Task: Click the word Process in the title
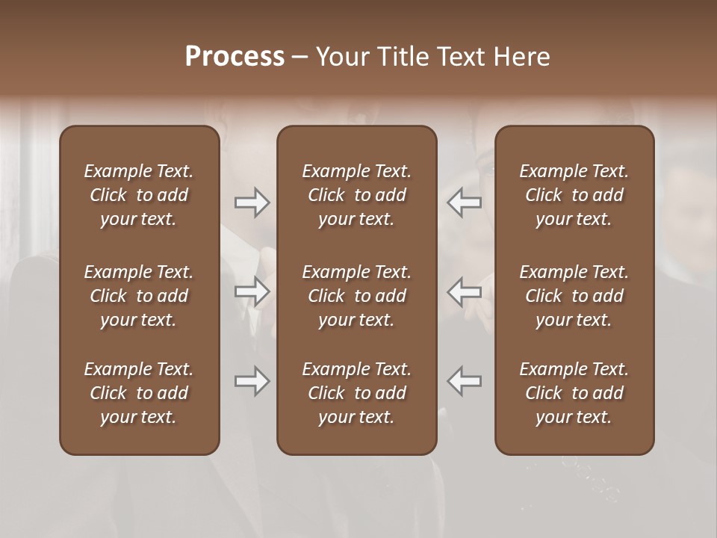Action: click(x=235, y=57)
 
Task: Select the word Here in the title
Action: click(x=522, y=57)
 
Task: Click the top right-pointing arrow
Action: click(x=252, y=202)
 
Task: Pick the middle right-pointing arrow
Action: click(x=252, y=291)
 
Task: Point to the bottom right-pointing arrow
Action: click(x=252, y=381)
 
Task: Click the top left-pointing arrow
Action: click(x=465, y=202)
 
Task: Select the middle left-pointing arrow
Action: click(x=465, y=291)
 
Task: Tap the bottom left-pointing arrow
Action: click(x=465, y=381)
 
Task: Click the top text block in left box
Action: click(x=139, y=195)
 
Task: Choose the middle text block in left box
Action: click(x=139, y=296)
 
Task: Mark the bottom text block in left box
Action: click(x=139, y=393)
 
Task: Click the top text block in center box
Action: click(x=356, y=195)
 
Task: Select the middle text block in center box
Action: click(x=356, y=296)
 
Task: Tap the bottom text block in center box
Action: click(x=356, y=393)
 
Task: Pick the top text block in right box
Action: click(x=574, y=195)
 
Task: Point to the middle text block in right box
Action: click(x=574, y=296)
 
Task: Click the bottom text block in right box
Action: click(x=574, y=393)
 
